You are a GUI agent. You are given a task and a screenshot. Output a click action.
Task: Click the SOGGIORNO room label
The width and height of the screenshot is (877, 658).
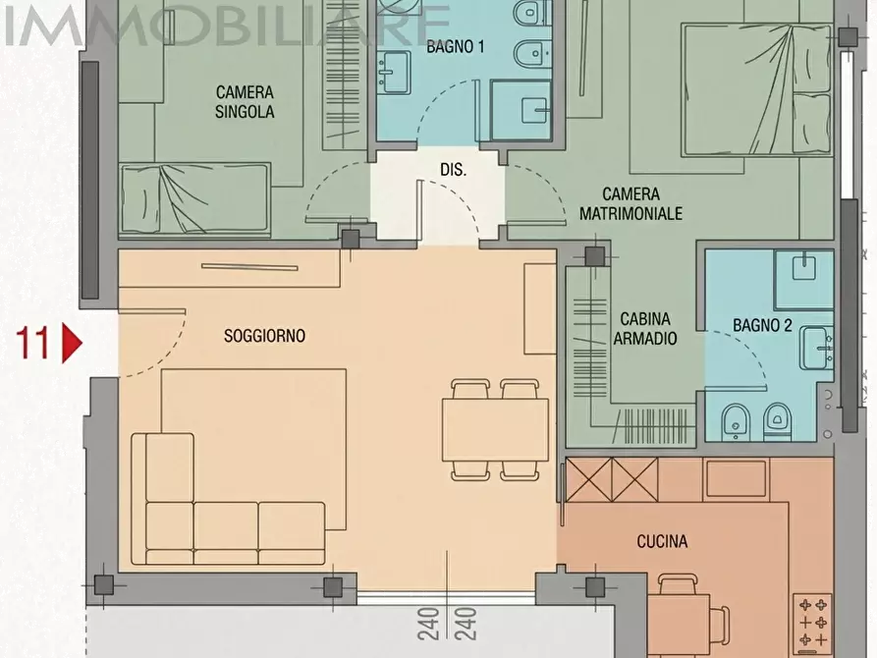click(x=264, y=336)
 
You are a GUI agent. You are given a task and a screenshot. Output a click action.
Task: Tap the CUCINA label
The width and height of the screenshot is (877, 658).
click(x=662, y=541)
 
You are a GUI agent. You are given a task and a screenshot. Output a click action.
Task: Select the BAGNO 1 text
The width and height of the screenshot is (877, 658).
click(x=456, y=46)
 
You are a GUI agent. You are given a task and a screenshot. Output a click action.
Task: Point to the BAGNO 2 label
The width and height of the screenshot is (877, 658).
click(x=762, y=325)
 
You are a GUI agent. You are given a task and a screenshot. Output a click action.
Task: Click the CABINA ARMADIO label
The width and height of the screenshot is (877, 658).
click(x=645, y=328)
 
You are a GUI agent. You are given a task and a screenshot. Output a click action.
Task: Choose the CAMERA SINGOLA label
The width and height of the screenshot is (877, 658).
click(x=245, y=102)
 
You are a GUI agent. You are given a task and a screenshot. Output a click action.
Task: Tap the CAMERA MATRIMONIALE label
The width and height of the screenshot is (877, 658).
click(x=630, y=203)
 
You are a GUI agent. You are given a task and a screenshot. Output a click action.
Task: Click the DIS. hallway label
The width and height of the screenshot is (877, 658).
click(x=453, y=170)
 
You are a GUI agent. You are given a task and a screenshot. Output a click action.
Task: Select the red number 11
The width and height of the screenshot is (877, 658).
click(x=34, y=343)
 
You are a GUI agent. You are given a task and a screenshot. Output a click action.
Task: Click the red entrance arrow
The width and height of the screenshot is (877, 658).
click(x=72, y=343)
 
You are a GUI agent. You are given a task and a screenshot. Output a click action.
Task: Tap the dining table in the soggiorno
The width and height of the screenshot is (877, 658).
click(x=495, y=430)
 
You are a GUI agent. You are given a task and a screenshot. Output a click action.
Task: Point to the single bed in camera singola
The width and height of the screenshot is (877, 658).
click(x=195, y=197)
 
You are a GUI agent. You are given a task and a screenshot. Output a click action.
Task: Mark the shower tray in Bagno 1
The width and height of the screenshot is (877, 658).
click(x=521, y=110)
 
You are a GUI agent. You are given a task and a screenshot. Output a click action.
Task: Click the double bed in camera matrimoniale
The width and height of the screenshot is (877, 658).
click(x=755, y=89)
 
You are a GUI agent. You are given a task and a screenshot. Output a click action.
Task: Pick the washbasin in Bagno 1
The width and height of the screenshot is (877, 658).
click(x=395, y=72)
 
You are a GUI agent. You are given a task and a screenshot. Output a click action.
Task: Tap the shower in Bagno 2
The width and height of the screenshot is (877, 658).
click(x=804, y=280)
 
